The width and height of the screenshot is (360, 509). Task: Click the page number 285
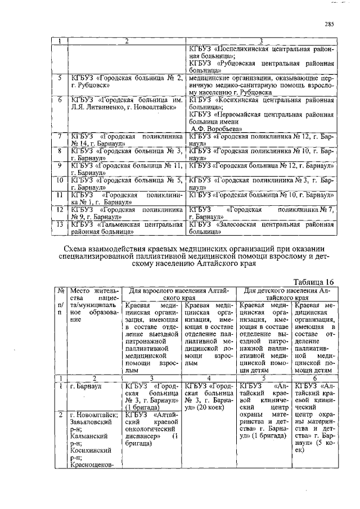(x=329, y=24)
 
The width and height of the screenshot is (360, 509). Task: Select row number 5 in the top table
(x=59, y=77)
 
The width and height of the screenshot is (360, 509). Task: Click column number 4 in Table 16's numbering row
(x=209, y=379)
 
